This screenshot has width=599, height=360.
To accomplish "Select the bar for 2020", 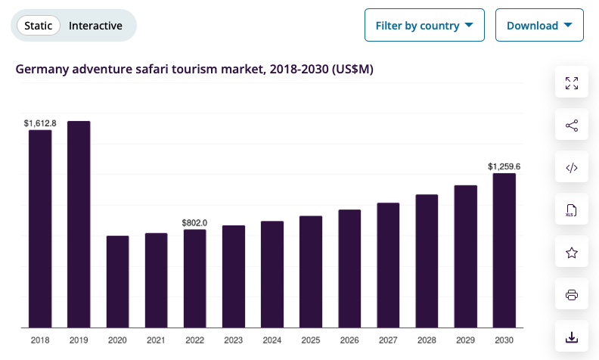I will [x=117, y=281].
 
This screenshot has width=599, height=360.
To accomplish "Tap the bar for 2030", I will [x=504, y=250].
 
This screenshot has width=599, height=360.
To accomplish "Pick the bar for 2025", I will [x=311, y=272].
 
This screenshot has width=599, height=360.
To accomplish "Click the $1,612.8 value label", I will [x=40, y=123].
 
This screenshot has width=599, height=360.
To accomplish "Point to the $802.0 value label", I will [x=194, y=222].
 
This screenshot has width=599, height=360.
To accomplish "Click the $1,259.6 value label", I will [x=504, y=166].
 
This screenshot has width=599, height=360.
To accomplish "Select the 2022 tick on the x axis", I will [x=194, y=340].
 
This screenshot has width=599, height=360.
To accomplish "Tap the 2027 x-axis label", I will [x=388, y=340].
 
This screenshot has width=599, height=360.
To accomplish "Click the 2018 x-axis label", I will [x=40, y=340].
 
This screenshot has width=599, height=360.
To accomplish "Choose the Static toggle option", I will [x=39, y=26].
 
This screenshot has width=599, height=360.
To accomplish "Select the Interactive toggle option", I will [x=95, y=26].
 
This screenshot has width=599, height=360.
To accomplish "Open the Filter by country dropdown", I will [x=424, y=26].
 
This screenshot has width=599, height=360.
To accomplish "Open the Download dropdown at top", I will [x=539, y=26].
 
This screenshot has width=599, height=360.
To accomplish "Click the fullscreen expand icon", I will [x=572, y=83].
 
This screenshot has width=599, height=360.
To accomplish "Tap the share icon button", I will [x=572, y=126].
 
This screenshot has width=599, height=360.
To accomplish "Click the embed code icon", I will [x=572, y=168].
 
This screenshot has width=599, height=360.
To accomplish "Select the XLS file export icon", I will [x=572, y=210].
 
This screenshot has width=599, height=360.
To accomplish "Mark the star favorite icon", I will [x=572, y=253].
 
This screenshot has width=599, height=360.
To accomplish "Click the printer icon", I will [x=572, y=294].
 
